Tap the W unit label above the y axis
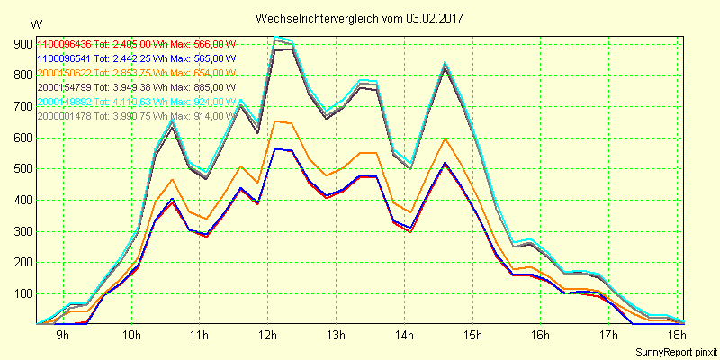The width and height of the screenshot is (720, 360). (35, 23)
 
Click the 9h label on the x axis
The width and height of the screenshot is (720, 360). (62, 336)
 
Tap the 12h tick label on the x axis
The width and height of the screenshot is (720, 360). (267, 336)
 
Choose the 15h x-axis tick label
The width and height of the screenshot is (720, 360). (473, 336)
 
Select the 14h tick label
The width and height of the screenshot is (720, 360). (405, 336)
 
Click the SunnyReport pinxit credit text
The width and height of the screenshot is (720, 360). (676, 351)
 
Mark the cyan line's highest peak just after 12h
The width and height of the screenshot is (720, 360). (277, 37)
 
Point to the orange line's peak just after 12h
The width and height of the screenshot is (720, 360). (277, 121)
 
